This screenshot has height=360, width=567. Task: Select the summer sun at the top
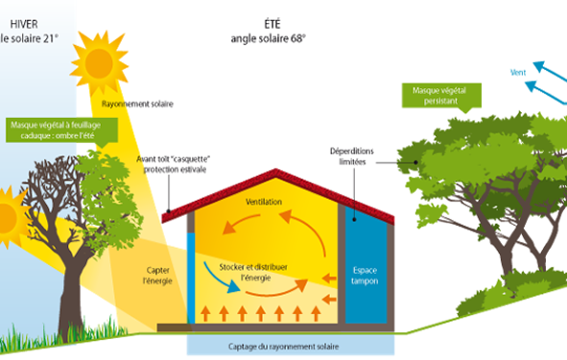[x=99, y=61]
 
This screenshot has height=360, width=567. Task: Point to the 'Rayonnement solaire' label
[x=137, y=104]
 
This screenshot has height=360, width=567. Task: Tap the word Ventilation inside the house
[x=264, y=204]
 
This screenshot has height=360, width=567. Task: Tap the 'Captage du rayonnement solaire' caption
[x=290, y=347]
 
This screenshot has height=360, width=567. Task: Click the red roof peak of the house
[x=278, y=174]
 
